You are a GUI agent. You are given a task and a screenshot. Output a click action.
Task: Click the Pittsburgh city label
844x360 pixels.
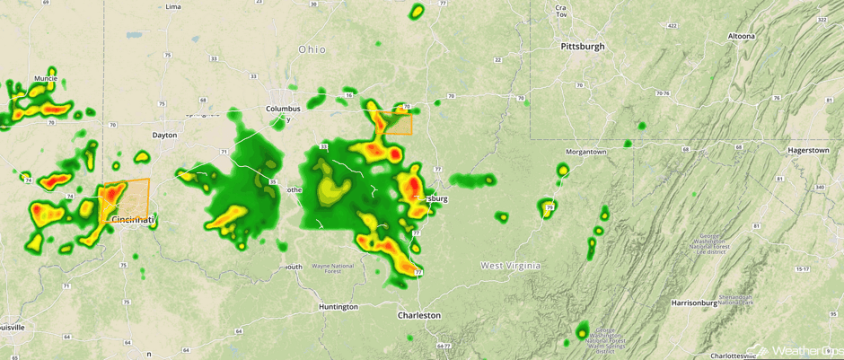(x=583, y=46)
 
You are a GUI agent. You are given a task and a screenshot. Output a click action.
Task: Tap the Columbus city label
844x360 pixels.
(x=283, y=109)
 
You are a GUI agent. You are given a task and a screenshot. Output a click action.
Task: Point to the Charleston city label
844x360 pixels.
(x=419, y=315)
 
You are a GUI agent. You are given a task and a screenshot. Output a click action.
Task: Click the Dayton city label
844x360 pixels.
(x=164, y=135)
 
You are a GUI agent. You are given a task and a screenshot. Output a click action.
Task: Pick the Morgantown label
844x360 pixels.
(x=585, y=152)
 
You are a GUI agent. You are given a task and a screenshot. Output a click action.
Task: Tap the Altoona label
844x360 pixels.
(x=741, y=36)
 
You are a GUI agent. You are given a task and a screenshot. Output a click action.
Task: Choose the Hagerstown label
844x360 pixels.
(x=807, y=150)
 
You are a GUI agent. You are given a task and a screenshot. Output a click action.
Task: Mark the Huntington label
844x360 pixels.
(x=338, y=307)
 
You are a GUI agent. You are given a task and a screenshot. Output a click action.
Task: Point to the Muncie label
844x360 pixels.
(x=45, y=79)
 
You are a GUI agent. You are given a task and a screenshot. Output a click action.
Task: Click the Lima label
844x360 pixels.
(x=173, y=6)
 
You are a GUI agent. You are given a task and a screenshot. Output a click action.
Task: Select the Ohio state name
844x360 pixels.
(x=312, y=48)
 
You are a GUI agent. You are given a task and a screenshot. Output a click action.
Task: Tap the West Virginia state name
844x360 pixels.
(x=510, y=266)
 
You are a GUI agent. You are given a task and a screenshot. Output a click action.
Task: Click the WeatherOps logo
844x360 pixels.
(x=794, y=349)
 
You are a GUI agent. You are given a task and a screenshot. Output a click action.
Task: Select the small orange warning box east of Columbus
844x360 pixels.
(x=394, y=123)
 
